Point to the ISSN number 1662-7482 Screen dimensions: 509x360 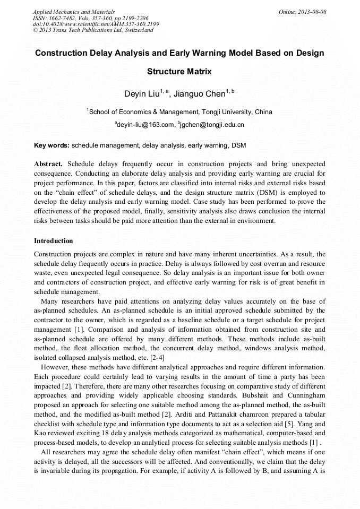(66, 18)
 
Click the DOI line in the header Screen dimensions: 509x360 (96, 24)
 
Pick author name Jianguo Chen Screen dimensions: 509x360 (199, 94)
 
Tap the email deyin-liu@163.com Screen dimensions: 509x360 (146, 125)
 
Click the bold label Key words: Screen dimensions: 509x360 (52, 144)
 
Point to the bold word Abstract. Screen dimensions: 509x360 (48, 163)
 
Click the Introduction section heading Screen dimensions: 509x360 (54, 241)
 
